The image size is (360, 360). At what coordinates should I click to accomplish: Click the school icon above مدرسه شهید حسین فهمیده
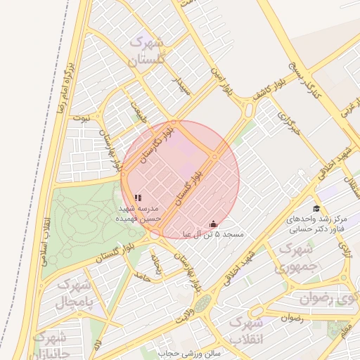pyautogui.click(x=138, y=198)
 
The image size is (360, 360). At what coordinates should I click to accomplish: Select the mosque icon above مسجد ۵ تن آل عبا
pyautogui.click(x=213, y=224)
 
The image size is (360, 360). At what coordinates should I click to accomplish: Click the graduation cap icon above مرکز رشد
pyautogui.click(x=316, y=208)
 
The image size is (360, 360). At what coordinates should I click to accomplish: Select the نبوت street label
pyautogui.click(x=81, y=117)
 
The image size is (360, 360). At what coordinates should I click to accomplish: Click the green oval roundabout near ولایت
pyautogui.click(x=202, y=304)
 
